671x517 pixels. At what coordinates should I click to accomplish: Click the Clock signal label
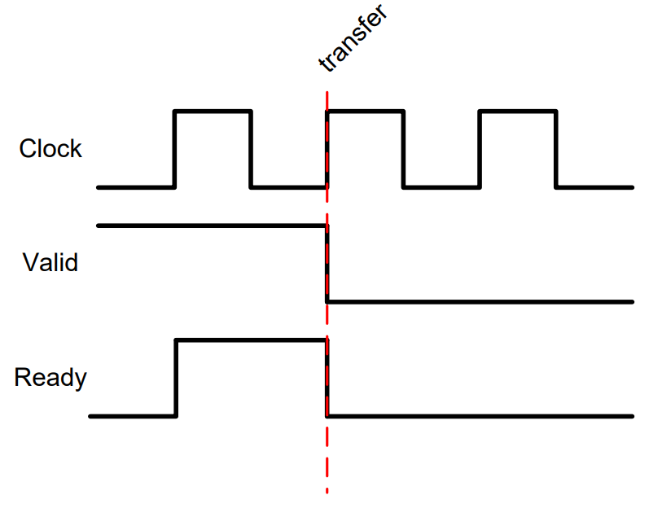(x=50, y=148)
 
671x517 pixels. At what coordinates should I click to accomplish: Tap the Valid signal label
(x=50, y=262)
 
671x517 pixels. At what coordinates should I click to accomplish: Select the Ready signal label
(x=50, y=378)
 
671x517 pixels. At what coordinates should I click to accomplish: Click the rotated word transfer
(x=353, y=37)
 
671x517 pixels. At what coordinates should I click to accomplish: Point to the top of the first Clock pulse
(x=213, y=112)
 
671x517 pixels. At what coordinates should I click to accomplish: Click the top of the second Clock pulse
(x=366, y=112)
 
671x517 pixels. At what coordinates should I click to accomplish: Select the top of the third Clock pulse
(x=518, y=112)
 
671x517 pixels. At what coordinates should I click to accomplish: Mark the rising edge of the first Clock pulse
(x=174, y=149)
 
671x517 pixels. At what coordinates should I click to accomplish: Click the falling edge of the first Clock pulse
(x=251, y=149)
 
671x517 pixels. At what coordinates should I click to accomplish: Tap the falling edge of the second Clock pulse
(x=403, y=149)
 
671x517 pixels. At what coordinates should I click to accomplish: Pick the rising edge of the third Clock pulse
(x=480, y=149)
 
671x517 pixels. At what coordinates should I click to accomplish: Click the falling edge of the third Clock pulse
(x=556, y=149)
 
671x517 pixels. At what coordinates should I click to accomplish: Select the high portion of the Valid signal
(x=213, y=226)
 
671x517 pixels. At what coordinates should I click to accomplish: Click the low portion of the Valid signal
(x=480, y=302)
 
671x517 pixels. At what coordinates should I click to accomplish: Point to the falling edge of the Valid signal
(x=327, y=264)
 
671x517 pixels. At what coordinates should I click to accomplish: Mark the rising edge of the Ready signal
(x=176, y=379)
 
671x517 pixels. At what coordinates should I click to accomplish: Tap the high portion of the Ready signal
(x=252, y=340)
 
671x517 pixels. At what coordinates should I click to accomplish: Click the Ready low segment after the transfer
(x=480, y=416)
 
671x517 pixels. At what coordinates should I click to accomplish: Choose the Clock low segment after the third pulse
(x=594, y=187)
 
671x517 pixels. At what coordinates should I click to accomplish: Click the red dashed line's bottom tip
(x=327, y=493)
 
